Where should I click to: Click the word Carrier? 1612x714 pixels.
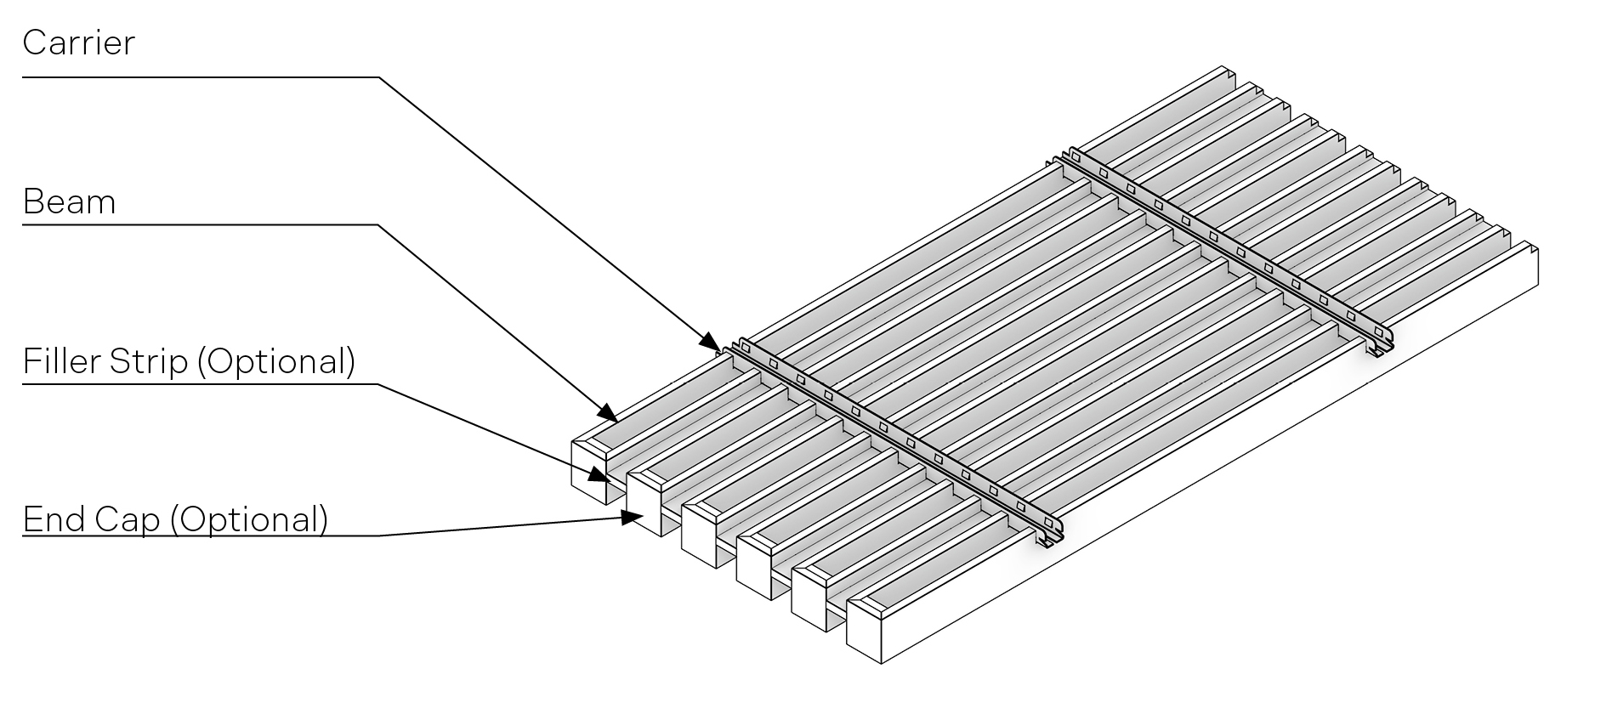click(78, 42)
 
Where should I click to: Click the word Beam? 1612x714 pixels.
click(69, 202)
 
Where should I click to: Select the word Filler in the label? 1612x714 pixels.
click(62, 361)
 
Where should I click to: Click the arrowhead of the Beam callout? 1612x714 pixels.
click(609, 413)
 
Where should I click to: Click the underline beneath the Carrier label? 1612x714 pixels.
click(201, 77)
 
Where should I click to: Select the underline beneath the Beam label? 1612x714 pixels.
click(200, 225)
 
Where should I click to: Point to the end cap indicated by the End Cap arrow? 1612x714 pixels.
click(644, 503)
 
